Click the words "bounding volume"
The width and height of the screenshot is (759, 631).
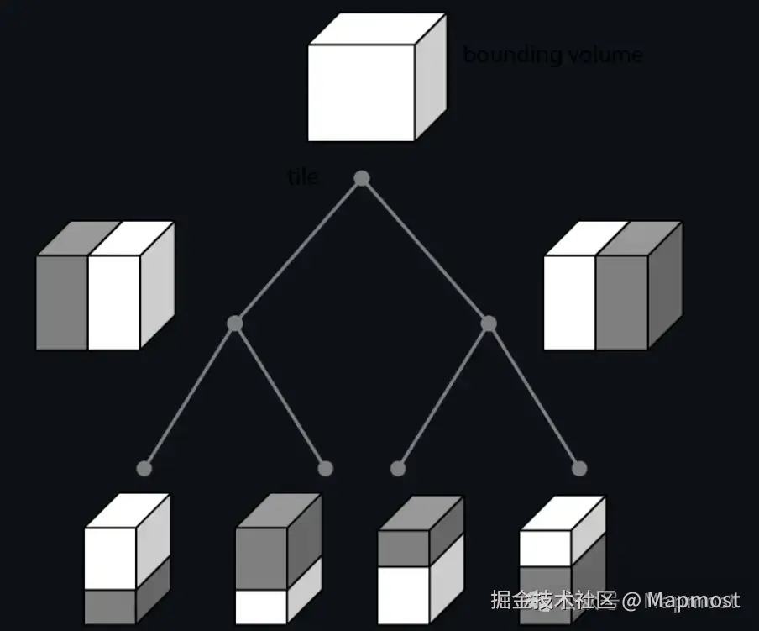(552, 55)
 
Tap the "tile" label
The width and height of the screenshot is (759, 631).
(302, 177)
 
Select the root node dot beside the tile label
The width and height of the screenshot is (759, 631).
(362, 178)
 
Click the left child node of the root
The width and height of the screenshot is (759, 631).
(235, 323)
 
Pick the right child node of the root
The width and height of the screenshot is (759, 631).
(489, 323)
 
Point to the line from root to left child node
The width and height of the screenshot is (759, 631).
(298, 251)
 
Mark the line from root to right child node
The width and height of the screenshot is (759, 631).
(426, 251)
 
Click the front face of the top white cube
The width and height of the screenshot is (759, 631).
(361, 92)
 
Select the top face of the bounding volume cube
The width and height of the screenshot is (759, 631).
(376, 29)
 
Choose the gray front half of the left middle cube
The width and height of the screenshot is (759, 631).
(62, 302)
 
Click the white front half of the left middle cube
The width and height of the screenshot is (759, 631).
(114, 302)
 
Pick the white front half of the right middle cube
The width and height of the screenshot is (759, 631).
(570, 302)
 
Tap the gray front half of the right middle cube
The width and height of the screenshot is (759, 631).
(622, 302)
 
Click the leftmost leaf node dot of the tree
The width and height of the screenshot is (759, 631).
(144, 469)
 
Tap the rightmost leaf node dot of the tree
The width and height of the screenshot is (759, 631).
(579, 469)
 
